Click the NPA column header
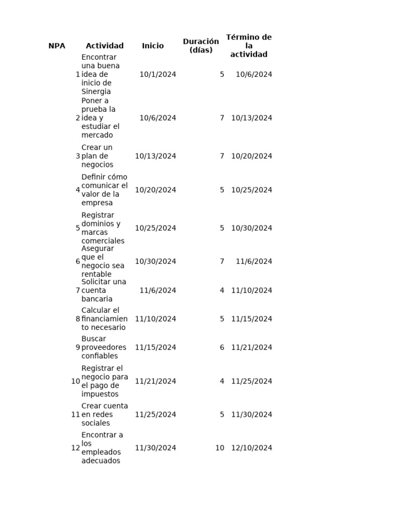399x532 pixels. click(57, 46)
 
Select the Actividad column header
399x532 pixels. click(104, 46)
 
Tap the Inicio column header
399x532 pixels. click(153, 46)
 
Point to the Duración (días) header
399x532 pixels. click(201, 46)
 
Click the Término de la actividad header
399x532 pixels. click(249, 46)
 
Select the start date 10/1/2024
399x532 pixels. click(157, 74)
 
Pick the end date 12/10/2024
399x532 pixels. click(251, 448)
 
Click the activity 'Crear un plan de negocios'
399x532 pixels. click(98, 156)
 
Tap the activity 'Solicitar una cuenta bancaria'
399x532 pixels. click(103, 290)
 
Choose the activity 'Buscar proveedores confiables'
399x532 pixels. click(103, 348)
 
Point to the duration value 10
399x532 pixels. click(220, 448)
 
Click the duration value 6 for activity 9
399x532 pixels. click(222, 348)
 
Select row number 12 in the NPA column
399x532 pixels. click(76, 448)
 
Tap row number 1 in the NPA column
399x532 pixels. click(78, 74)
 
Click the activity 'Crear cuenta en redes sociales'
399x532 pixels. click(104, 415)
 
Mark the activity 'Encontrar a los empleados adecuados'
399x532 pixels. click(102, 448)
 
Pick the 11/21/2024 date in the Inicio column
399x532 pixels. click(155, 381)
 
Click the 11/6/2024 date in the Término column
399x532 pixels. click(254, 261)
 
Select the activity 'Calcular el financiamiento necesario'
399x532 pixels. click(104, 319)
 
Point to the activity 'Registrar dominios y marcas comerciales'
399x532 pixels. click(103, 228)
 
